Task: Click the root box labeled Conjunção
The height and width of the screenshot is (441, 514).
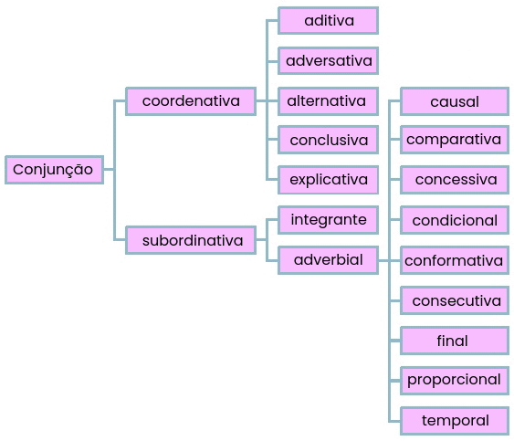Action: [x=55, y=170]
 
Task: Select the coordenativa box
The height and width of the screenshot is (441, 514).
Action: [x=191, y=101]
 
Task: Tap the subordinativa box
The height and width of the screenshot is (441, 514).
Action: [x=191, y=240]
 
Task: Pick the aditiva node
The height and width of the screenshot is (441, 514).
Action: [x=328, y=21]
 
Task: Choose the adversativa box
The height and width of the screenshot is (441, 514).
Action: [x=328, y=60]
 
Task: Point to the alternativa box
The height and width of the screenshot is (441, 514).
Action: [x=328, y=101]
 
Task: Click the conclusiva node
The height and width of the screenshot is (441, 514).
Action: [x=328, y=140]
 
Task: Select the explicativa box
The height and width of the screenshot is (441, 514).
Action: [x=328, y=180]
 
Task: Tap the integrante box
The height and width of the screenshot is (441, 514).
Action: [x=328, y=220]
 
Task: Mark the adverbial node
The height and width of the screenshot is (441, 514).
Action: [x=328, y=260]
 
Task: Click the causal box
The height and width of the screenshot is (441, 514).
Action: [x=455, y=101]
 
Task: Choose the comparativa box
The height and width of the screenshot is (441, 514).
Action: [x=455, y=140]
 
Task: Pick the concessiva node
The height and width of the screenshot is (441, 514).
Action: [x=455, y=180]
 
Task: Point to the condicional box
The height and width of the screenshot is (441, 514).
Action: [x=455, y=220]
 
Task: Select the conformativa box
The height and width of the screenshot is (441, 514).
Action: [x=455, y=260]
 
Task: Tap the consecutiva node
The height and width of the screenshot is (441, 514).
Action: [x=455, y=300]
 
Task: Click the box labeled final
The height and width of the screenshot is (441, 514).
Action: [x=455, y=341]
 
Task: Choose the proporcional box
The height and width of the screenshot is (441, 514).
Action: [x=455, y=381]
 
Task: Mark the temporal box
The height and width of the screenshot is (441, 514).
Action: [x=455, y=421]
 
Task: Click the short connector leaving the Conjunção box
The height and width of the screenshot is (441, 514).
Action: [x=109, y=170]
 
